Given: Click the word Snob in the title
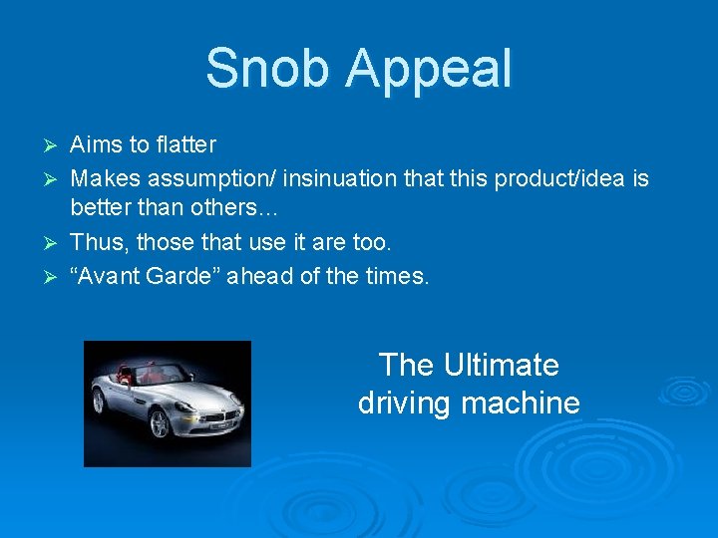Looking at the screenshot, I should [x=266, y=68].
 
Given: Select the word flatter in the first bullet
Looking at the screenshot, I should [x=187, y=144].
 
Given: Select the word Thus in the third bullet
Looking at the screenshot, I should [x=97, y=242].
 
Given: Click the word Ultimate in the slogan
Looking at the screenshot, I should [x=502, y=365].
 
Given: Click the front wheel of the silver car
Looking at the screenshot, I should [x=159, y=422].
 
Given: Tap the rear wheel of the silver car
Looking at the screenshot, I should [x=98, y=401].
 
